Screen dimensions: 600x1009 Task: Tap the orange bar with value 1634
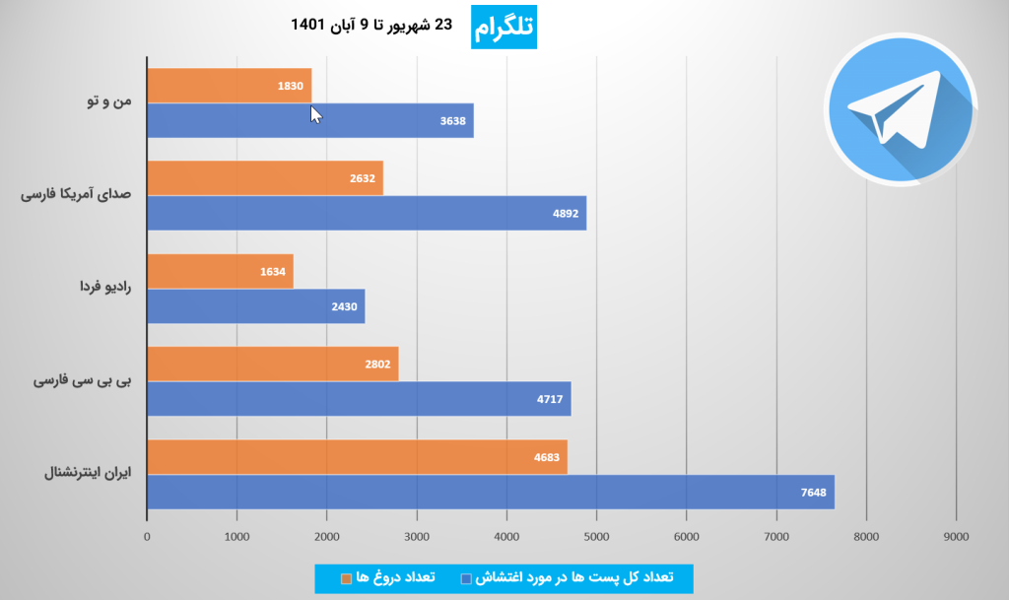(x=220, y=272)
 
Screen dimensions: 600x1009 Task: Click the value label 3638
(x=453, y=121)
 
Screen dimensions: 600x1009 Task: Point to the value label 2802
(x=378, y=365)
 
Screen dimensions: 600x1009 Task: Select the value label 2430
(x=345, y=306)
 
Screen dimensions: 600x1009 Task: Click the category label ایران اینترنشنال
(x=86, y=473)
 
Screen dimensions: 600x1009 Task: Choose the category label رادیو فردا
(x=106, y=288)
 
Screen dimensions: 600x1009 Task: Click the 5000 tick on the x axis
(x=596, y=536)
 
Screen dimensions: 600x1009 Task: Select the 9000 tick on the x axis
(x=956, y=536)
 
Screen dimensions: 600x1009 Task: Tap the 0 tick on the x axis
(x=147, y=536)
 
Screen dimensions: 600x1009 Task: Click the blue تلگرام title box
(x=504, y=29)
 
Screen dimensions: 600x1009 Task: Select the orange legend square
(x=346, y=578)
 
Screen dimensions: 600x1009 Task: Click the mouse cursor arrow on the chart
(x=315, y=114)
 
